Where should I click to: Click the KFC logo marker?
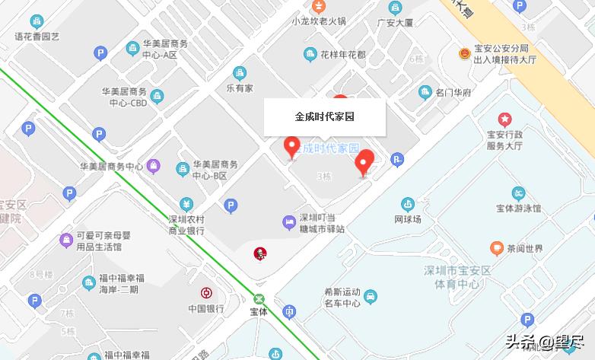(x=260, y=252)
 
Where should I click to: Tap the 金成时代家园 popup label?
(x=325, y=117)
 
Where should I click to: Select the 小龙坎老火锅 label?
(x=319, y=21)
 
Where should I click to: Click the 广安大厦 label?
(x=394, y=23)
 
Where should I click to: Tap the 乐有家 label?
(x=239, y=88)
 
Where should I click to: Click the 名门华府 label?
(x=453, y=93)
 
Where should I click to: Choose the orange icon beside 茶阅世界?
(x=495, y=248)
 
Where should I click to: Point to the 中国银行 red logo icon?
(x=205, y=293)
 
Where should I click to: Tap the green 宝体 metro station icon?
(x=259, y=299)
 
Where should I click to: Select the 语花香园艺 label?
(x=37, y=36)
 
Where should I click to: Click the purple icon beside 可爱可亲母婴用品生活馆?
(x=66, y=241)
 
